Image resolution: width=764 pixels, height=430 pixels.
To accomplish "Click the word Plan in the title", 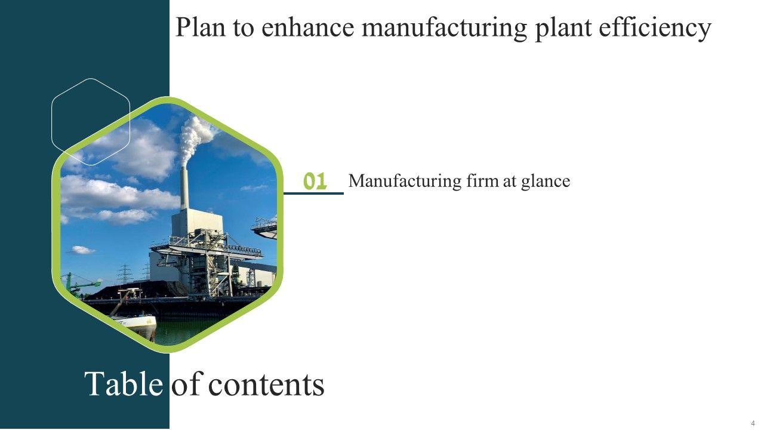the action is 200,27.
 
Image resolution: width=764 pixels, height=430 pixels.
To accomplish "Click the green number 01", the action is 315,181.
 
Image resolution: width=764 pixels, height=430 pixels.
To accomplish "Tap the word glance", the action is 545,182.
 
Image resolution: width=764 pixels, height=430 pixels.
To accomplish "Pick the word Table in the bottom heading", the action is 123,384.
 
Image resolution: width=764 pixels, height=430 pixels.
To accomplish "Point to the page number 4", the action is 753,423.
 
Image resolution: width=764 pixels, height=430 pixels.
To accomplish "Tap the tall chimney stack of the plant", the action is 184,188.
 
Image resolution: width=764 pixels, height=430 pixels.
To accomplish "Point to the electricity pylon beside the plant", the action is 125,273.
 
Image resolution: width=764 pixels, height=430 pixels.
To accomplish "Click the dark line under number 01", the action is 313,193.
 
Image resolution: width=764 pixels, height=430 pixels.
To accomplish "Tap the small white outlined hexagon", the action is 91,122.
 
